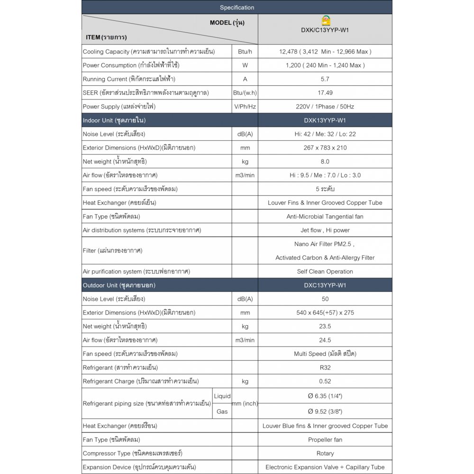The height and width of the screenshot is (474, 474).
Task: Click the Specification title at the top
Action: pyautogui.click(x=237, y=8)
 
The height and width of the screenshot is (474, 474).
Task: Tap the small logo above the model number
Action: pyautogui.click(x=325, y=20)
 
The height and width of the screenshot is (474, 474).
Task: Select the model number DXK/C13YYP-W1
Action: pyautogui.click(x=325, y=30)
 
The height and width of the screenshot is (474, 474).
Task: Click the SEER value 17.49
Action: pyautogui.click(x=325, y=93)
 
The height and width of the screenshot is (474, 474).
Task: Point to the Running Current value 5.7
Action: pyautogui.click(x=325, y=79)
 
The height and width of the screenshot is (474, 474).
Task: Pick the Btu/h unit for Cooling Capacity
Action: pyautogui.click(x=245, y=52)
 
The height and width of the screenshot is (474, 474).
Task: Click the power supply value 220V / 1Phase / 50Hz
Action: pyautogui.click(x=325, y=107)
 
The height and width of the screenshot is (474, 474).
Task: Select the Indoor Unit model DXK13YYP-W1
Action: pyautogui.click(x=325, y=120)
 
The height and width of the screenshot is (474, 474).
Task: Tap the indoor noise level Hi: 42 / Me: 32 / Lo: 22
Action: pyautogui.click(x=325, y=134)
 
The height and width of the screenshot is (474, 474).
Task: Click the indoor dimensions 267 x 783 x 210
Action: pyautogui.click(x=325, y=148)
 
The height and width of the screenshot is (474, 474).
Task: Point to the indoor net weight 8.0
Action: pyautogui.click(x=325, y=162)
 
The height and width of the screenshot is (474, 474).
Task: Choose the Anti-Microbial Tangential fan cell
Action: pyautogui.click(x=325, y=217)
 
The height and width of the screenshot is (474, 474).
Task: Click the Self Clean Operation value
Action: pyautogui.click(x=325, y=272)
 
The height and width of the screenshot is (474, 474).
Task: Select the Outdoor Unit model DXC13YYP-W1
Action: pyautogui.click(x=325, y=285)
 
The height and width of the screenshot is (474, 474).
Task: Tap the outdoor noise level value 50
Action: pyautogui.click(x=325, y=299)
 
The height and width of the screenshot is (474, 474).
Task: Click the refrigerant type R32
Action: pyautogui.click(x=325, y=367)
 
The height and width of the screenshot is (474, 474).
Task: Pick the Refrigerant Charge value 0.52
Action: pyautogui.click(x=325, y=381)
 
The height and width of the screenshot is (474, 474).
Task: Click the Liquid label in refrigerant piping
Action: pyautogui.click(x=222, y=396)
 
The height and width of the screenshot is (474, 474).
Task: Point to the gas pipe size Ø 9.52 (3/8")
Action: pyautogui.click(x=325, y=411)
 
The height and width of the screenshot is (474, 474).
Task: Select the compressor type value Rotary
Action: pyautogui.click(x=325, y=454)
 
